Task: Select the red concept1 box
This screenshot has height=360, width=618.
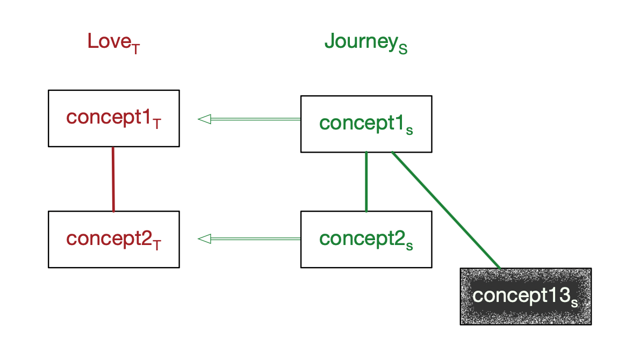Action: click(113, 118)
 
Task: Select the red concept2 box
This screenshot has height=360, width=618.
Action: click(113, 239)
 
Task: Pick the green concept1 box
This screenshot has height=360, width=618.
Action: click(366, 124)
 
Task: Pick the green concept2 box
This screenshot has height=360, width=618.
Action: click(366, 239)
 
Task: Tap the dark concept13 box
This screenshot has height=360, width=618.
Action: click(526, 296)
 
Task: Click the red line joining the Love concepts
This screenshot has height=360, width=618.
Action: click(113, 179)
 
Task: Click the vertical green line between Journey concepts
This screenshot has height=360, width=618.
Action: click(366, 182)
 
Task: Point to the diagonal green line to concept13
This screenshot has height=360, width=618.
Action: click(446, 210)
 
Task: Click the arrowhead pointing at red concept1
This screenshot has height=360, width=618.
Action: click(204, 119)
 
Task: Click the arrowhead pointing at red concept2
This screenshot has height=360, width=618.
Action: click(204, 239)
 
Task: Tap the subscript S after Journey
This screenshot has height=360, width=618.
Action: click(403, 49)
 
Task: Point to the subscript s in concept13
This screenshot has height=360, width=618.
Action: click(574, 303)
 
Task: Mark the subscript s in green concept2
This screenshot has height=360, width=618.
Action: click(409, 246)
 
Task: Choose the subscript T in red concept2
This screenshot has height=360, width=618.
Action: click(157, 245)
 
